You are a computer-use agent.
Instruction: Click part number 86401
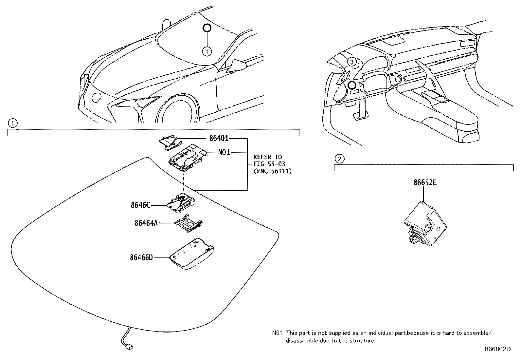click(x=219, y=139)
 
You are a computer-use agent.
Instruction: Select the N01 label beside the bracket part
click(x=224, y=153)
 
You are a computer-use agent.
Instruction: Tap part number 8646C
click(x=140, y=205)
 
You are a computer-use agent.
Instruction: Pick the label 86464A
click(x=146, y=223)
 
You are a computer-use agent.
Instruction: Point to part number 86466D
click(x=141, y=258)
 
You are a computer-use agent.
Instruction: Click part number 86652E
click(x=424, y=183)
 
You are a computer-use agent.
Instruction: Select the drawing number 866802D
click(x=497, y=349)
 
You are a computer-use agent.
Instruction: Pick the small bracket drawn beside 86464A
click(x=188, y=224)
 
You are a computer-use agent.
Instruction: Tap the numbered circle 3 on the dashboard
click(x=351, y=62)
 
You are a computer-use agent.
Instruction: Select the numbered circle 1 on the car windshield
click(x=207, y=51)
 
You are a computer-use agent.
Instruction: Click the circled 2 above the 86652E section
click(x=339, y=159)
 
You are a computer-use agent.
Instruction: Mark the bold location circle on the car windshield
click(x=207, y=28)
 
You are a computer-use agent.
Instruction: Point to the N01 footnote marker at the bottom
click(x=277, y=333)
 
